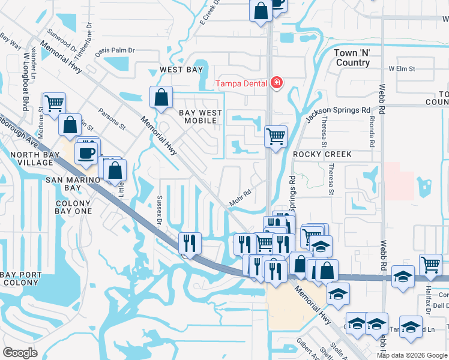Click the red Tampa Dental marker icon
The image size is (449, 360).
[x=276, y=83]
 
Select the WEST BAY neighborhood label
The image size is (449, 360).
[x=181, y=70]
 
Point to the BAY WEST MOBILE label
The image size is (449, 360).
[x=200, y=116]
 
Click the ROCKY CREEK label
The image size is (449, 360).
[x=322, y=154]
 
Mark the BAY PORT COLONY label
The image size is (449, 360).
[x=21, y=279]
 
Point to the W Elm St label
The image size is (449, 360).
[x=402, y=69]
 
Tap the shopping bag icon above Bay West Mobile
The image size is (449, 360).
[x=161, y=97]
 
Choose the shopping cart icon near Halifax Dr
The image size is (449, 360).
[x=430, y=264]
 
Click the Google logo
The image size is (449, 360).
[x=20, y=352]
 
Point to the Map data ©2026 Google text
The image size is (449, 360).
[x=411, y=355]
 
